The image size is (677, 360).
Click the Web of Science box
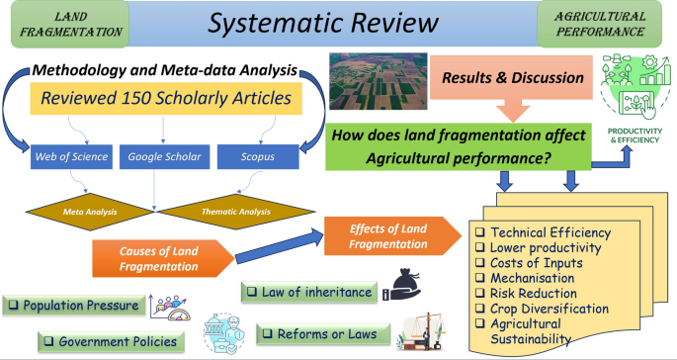[65, 156]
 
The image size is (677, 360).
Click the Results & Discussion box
[507, 78]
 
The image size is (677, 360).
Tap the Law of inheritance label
[309, 293]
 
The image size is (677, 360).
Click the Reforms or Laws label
[321, 334]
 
